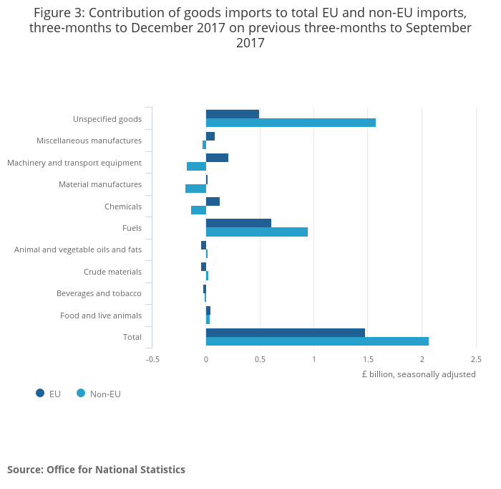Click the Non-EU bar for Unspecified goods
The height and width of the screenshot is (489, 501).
(x=291, y=123)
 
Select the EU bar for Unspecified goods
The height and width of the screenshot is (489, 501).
(x=232, y=114)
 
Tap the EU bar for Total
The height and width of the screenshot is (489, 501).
(x=285, y=333)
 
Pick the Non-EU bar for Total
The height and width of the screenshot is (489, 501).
(x=317, y=341)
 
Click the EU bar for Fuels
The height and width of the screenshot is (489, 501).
(x=238, y=223)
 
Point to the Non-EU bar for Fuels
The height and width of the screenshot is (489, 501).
(x=257, y=232)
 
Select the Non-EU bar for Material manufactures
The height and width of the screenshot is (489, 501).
(x=195, y=189)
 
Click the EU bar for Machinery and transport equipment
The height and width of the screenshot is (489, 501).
(x=217, y=158)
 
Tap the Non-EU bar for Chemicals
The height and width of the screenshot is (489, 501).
(x=198, y=210)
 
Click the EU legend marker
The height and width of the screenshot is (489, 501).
(x=40, y=393)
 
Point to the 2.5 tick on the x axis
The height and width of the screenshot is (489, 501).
(x=476, y=359)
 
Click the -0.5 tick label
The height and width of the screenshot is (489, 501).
(x=152, y=359)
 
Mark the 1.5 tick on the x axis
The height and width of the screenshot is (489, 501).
(x=368, y=359)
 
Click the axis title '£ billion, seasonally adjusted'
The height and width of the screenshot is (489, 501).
(x=418, y=374)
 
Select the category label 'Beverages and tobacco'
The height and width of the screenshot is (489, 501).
(x=99, y=293)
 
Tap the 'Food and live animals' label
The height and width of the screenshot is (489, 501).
(x=101, y=315)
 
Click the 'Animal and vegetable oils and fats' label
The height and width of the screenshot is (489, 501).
(x=78, y=250)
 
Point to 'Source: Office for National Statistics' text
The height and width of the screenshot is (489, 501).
(x=96, y=470)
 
